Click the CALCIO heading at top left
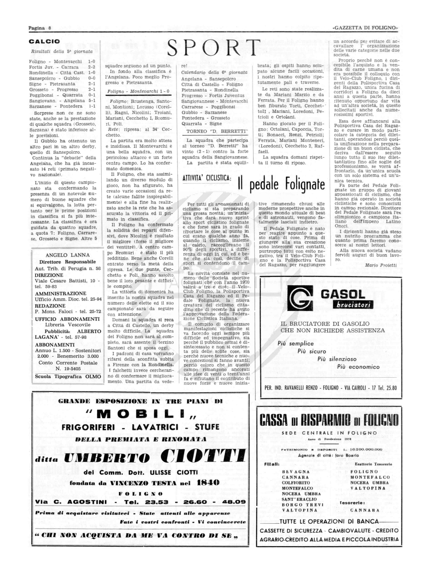pos(44,42)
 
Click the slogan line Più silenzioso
pos(337,359)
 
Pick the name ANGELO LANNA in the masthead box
pos(67,255)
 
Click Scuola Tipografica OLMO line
pos(68,376)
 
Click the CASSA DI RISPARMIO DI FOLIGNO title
pos(329,420)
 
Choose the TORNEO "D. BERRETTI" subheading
pos(217,131)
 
